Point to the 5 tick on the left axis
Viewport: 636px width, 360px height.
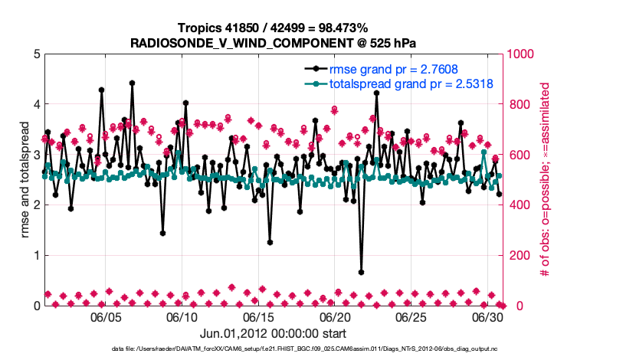[x=36, y=54]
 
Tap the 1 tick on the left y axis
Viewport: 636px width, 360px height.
[x=36, y=255]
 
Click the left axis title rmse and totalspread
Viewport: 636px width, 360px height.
[x=25, y=179]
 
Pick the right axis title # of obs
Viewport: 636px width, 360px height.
[x=546, y=179]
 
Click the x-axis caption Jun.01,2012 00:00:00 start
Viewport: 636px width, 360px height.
[x=273, y=333]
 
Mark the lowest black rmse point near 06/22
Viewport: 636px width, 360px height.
[x=361, y=272]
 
